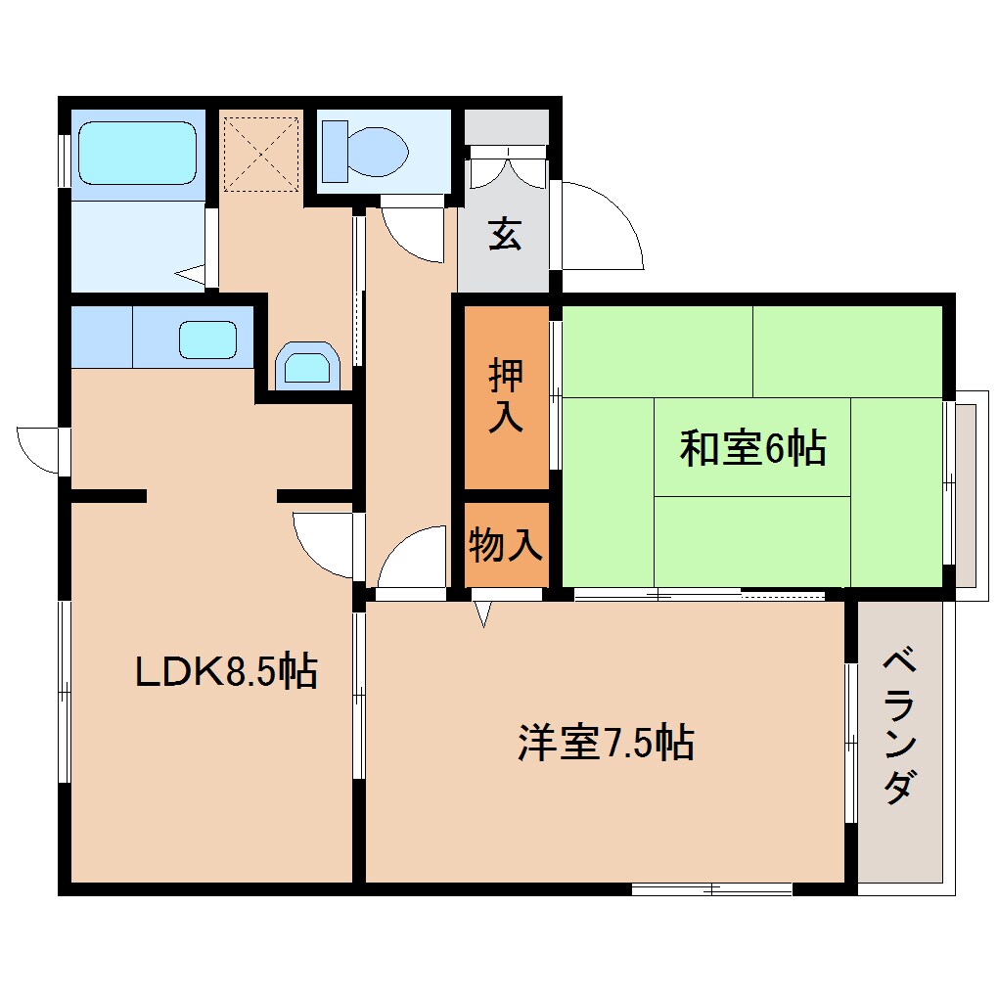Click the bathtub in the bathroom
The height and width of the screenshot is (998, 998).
point(137,153)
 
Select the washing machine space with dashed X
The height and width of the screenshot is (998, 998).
point(260,153)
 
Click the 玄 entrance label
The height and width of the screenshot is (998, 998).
point(505,235)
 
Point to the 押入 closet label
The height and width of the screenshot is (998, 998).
point(506,395)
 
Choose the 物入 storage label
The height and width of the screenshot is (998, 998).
point(505,544)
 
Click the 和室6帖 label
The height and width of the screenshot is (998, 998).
point(752,449)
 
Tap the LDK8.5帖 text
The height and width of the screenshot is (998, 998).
point(225,671)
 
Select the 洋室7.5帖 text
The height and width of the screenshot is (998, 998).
point(606,744)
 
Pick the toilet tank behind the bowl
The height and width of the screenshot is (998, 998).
point(334,151)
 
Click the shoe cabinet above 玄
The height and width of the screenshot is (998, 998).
point(506,127)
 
